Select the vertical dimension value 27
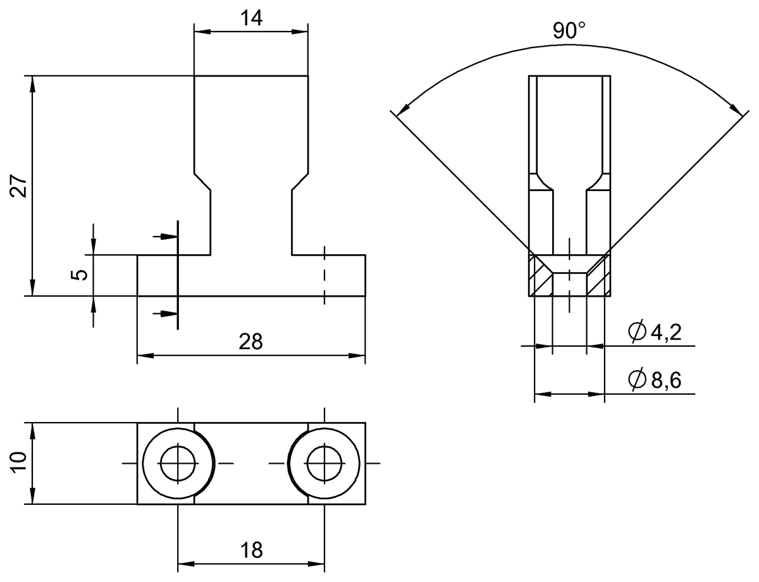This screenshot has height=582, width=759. pyautogui.click(x=19, y=186)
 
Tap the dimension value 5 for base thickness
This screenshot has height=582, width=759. pyautogui.click(x=78, y=275)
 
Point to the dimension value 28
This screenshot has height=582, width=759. pyautogui.click(x=251, y=342)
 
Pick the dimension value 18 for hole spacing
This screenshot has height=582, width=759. pyautogui.click(x=251, y=550)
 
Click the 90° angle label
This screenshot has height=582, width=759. pyautogui.click(x=569, y=30)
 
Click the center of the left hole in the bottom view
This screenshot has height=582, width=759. pyautogui.click(x=178, y=464)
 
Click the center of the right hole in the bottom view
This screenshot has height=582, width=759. pyautogui.click(x=324, y=464)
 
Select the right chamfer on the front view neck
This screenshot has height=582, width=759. pyautogui.click(x=300, y=181)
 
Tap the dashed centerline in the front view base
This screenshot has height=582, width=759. pyautogui.click(x=324, y=275)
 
